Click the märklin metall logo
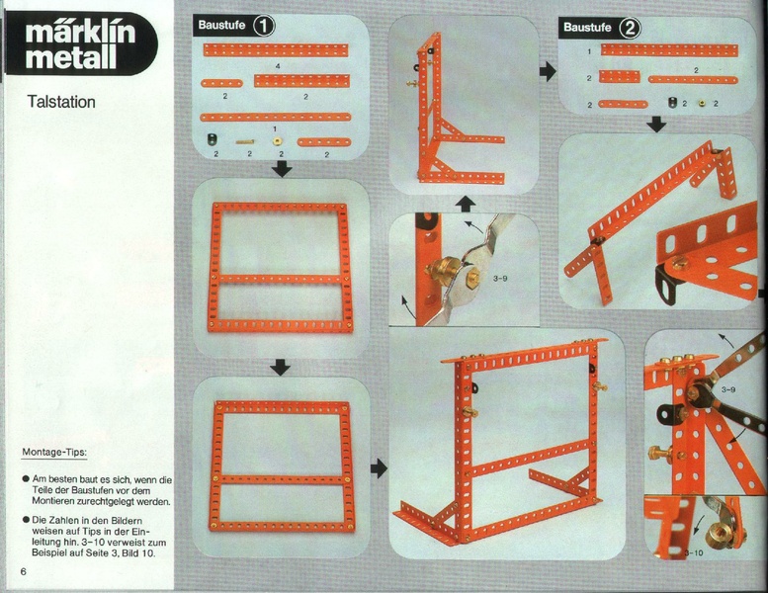(x=80, y=44)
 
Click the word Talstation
(x=61, y=102)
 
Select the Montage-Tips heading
(x=54, y=452)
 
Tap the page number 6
(x=23, y=572)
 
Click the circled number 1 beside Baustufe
(x=264, y=26)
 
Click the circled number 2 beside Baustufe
(x=630, y=28)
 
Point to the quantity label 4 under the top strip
(x=278, y=66)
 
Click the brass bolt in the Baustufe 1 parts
(x=245, y=141)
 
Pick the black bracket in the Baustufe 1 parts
(x=213, y=140)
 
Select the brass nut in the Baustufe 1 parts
(x=278, y=142)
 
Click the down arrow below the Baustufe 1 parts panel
(x=282, y=169)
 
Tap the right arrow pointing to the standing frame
(x=379, y=468)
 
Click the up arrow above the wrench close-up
(x=466, y=205)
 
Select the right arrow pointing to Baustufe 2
(x=549, y=71)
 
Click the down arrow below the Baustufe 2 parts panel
(x=656, y=125)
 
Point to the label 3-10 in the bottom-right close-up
(x=694, y=552)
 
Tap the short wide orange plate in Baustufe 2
(x=620, y=76)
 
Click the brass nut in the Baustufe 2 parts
(x=702, y=104)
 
